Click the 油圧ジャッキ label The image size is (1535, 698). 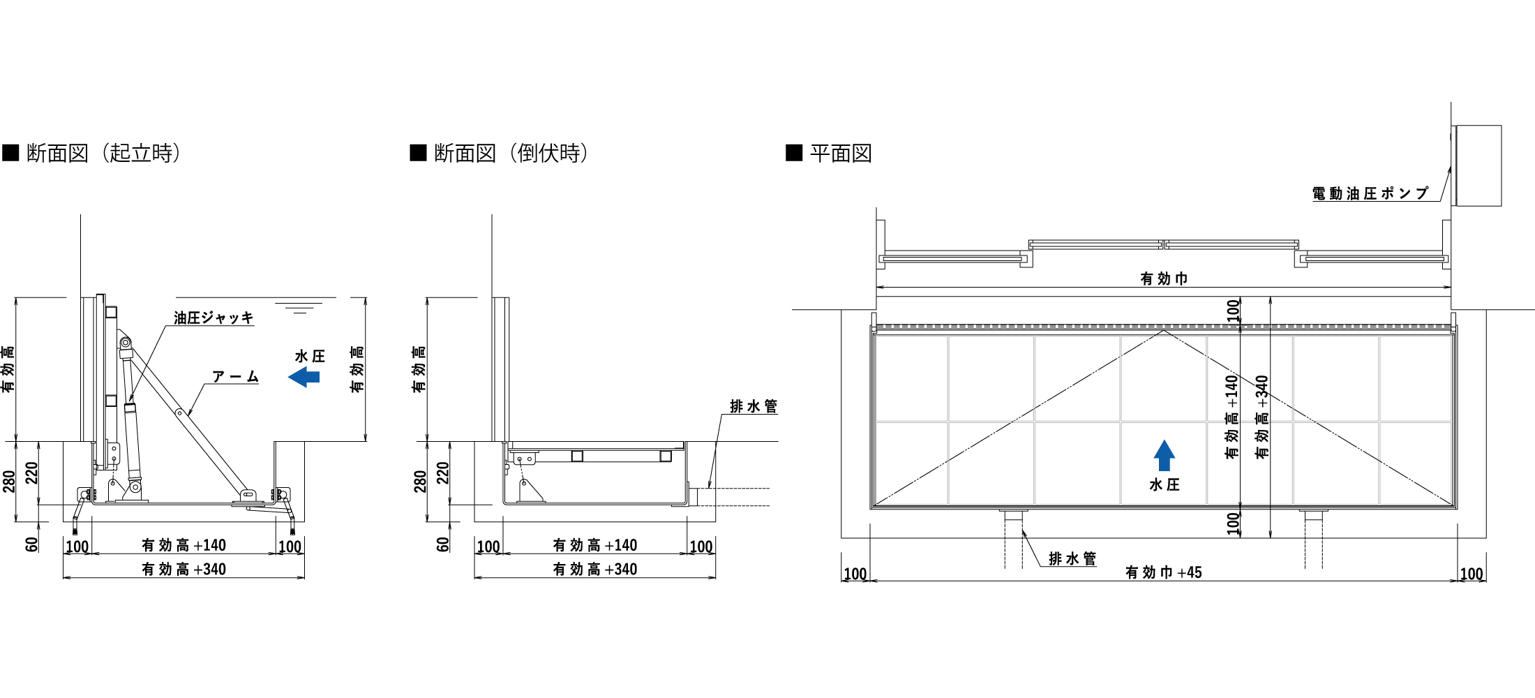click(214, 318)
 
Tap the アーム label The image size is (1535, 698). click(235, 377)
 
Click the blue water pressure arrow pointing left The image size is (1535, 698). click(304, 378)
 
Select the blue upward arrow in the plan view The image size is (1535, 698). click(1164, 455)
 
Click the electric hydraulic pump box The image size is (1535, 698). click(1477, 165)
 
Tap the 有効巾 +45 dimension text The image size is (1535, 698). click(1163, 572)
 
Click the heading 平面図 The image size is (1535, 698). click(841, 153)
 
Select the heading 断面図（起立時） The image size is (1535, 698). click(103, 153)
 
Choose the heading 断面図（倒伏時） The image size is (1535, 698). click(511, 153)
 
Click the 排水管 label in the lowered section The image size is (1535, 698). click(753, 406)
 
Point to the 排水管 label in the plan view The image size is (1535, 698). click(1072, 558)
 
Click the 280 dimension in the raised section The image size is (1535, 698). click(9, 481)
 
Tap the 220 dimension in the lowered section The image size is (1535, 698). click(443, 473)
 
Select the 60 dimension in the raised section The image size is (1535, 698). click(32, 544)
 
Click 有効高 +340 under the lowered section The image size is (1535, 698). click(594, 570)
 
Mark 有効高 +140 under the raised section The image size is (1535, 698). click(184, 545)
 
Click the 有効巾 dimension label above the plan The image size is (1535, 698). click(1163, 279)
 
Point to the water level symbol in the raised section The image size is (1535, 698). click(299, 307)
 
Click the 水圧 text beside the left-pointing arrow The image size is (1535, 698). click(310, 357)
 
